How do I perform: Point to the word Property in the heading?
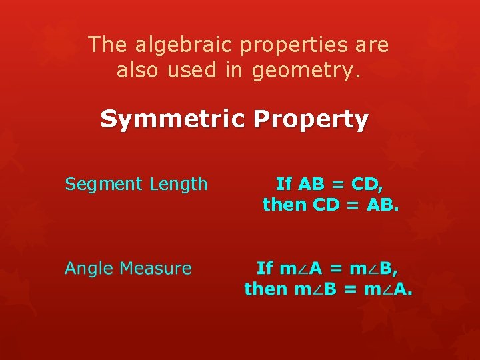[x=310, y=120]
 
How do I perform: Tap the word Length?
[x=178, y=183]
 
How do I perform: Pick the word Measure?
[x=159, y=268]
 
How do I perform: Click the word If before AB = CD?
[x=284, y=183]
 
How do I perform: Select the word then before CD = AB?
[x=285, y=204]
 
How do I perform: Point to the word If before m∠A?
[x=265, y=268]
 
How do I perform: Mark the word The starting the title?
[x=107, y=45]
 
